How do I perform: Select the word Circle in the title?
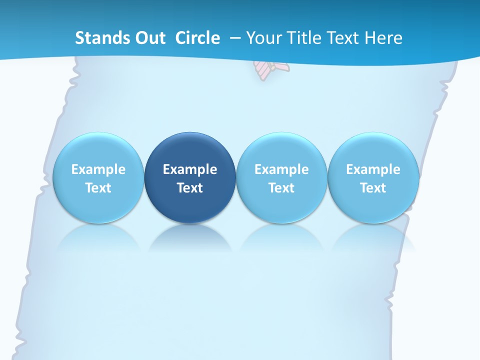(x=197, y=38)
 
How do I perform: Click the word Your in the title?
(x=262, y=38)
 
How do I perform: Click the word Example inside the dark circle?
(x=190, y=169)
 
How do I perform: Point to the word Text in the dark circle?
(x=190, y=188)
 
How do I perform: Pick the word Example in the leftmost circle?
(x=98, y=169)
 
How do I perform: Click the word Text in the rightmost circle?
(x=373, y=188)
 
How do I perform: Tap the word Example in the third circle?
(x=281, y=169)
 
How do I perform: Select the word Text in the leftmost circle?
(x=98, y=188)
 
